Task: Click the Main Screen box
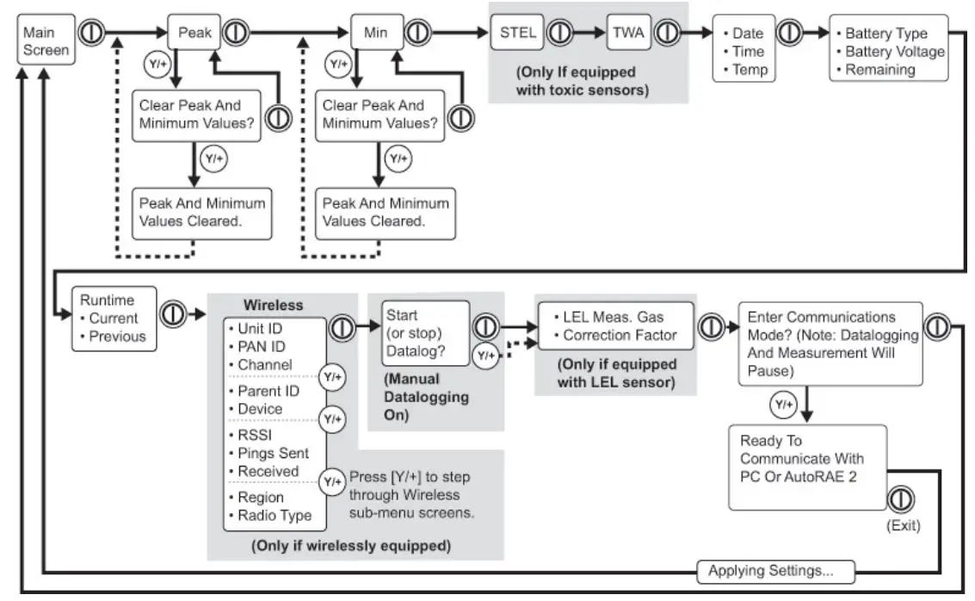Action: (x=46, y=40)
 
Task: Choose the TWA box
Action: (x=626, y=34)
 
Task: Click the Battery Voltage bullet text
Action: (x=894, y=52)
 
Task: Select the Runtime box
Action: (x=114, y=318)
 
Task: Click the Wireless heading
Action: (x=273, y=305)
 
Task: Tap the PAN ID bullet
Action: (x=262, y=346)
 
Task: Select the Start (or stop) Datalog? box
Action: (x=426, y=333)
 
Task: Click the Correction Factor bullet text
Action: (x=620, y=335)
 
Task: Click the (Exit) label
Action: (x=902, y=524)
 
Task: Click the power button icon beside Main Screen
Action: (x=91, y=32)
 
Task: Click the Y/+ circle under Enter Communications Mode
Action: (x=782, y=403)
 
